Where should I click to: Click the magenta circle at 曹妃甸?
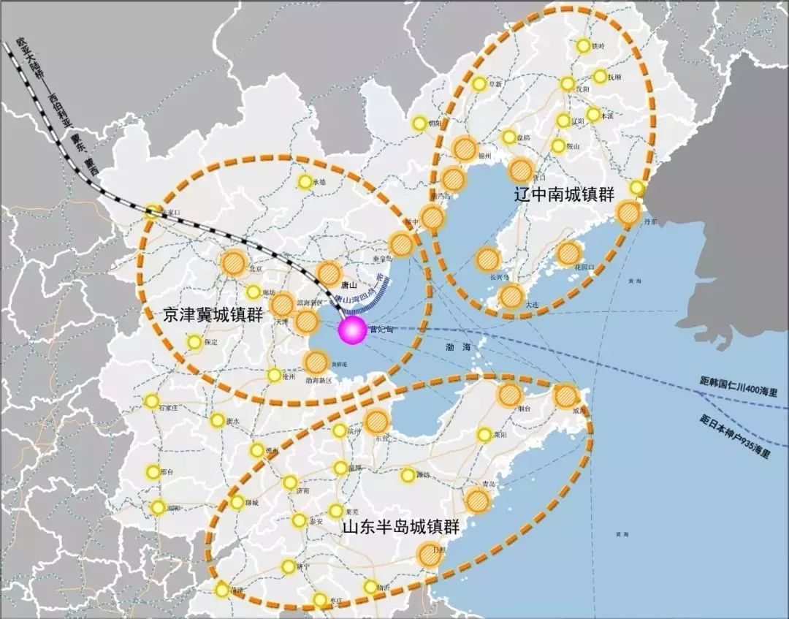tap(352, 331)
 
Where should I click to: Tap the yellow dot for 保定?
tap(194, 341)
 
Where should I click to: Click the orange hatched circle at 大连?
tap(511, 296)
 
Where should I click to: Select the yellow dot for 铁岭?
tap(583, 46)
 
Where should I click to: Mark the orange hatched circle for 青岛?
tap(477, 500)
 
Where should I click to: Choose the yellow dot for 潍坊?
tap(407, 476)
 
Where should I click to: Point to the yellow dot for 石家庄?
tap(151, 400)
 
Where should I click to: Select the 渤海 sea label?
tap(462, 349)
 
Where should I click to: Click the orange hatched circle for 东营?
tap(376, 420)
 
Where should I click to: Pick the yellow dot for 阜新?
tap(479, 84)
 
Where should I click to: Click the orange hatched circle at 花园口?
tap(568, 253)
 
